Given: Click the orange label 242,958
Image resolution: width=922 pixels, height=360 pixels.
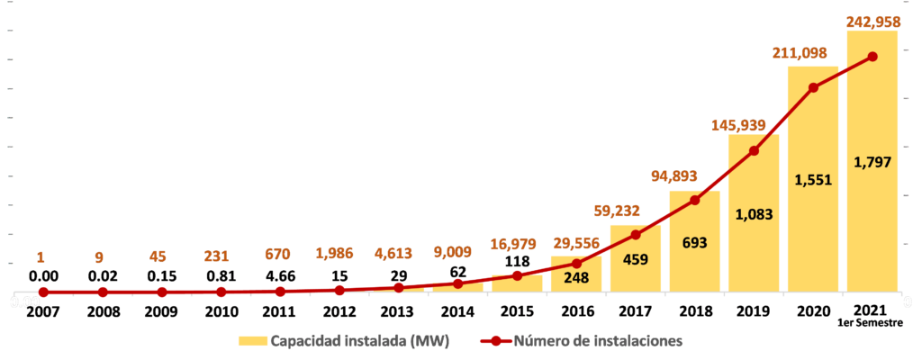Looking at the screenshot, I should [x=872, y=19].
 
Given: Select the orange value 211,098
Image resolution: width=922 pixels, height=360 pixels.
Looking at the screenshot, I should [x=812, y=53].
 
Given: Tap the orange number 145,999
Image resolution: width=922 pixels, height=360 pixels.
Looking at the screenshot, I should [x=753, y=125].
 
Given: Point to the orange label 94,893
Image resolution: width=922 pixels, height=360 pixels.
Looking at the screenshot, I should [x=693, y=175].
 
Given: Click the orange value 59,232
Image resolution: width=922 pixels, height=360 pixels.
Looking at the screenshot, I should [x=635, y=211].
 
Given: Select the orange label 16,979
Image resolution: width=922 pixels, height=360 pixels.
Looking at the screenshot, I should [x=516, y=244].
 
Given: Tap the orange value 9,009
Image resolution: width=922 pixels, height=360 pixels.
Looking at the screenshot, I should [x=456, y=251].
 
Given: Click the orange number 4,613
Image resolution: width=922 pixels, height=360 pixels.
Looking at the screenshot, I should [x=397, y=253].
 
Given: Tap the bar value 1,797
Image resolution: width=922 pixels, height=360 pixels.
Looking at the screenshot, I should [x=872, y=163].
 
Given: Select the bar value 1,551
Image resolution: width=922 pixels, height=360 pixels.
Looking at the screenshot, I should [x=812, y=179].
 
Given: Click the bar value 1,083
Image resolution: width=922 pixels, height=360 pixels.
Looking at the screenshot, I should [x=753, y=214].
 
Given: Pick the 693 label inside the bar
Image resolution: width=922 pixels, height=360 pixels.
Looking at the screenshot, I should [x=693, y=242].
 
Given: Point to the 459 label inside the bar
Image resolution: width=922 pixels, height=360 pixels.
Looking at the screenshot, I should [x=635, y=261].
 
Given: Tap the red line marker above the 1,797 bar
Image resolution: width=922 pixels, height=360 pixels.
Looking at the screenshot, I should [x=872, y=57].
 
